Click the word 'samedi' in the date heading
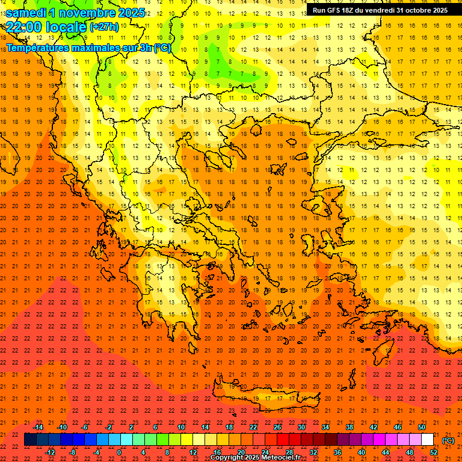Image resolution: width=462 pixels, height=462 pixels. click(26, 12)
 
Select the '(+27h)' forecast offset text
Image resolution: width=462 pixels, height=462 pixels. click(104, 27)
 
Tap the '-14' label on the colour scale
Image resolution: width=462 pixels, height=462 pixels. click(38, 427)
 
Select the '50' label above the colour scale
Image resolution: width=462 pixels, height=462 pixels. click(422, 427)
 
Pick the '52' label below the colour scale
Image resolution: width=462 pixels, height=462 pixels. click(434, 452)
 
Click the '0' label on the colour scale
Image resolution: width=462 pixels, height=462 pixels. click(119, 452)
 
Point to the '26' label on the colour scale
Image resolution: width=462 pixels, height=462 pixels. click(277, 427)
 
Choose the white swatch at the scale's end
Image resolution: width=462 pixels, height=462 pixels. click(428, 440)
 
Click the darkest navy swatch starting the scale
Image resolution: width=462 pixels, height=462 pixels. click(30, 440)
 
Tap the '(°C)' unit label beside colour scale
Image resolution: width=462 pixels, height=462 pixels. click(448, 440)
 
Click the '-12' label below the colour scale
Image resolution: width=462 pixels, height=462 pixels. click(50, 452)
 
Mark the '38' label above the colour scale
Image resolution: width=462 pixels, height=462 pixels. click(350, 427)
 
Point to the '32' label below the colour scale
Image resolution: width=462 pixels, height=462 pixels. click(313, 452)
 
